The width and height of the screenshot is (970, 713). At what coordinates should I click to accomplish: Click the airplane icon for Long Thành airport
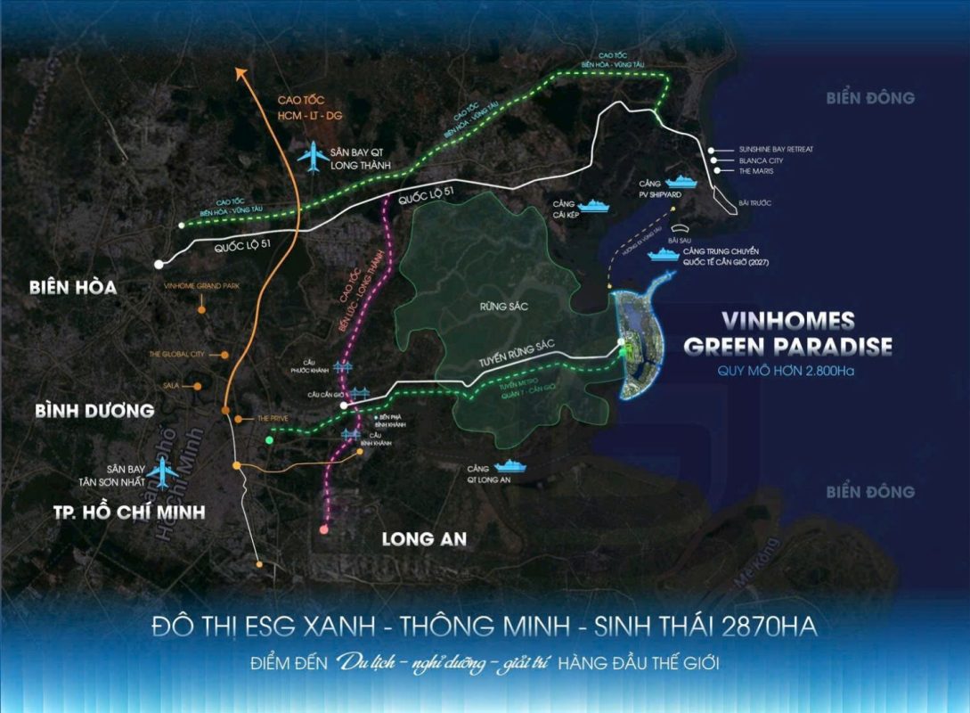312,157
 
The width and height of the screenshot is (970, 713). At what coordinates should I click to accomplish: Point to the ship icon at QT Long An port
510,466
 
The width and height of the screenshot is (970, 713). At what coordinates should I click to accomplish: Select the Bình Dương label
94,411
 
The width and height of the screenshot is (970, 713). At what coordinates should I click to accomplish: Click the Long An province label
424,539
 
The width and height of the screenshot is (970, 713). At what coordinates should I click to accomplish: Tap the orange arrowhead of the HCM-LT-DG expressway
247,72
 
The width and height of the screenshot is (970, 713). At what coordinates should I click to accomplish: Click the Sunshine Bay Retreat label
775,149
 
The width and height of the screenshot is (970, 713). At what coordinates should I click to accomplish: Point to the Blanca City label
761,160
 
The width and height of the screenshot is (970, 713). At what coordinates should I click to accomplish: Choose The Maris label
755,171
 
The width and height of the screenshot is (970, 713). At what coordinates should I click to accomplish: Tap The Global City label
177,354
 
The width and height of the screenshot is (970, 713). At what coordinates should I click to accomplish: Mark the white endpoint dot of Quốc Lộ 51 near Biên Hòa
159,264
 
